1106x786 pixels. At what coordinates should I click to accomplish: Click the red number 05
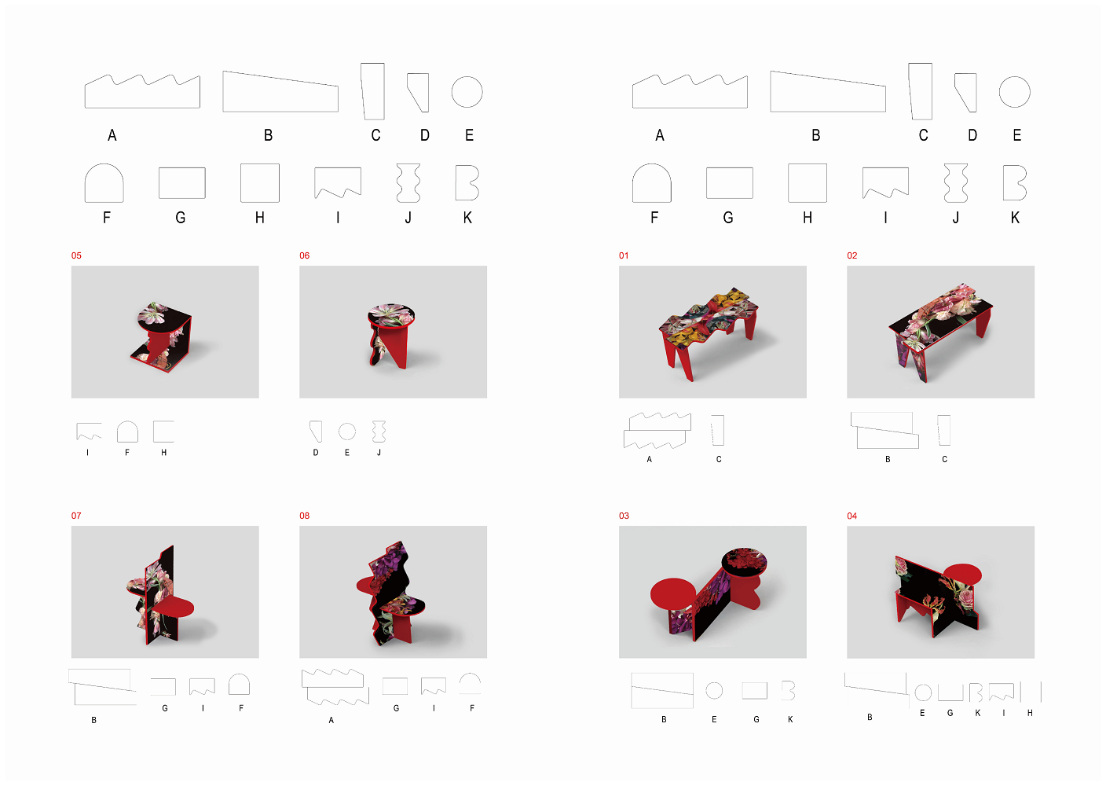pos(76,255)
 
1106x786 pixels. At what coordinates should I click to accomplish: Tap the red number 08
pos(304,516)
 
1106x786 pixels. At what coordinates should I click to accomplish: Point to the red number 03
pos(624,516)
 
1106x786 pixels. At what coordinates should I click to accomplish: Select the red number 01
pos(624,255)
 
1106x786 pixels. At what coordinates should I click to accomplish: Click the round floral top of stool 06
pos(391,314)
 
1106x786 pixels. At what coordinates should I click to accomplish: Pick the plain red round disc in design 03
pos(673,594)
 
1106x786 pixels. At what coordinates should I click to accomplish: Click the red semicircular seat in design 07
pos(174,607)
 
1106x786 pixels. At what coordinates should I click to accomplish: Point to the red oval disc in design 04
pos(962,574)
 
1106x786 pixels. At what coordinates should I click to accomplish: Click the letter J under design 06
pos(379,453)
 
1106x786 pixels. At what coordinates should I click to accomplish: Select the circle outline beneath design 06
pos(347,432)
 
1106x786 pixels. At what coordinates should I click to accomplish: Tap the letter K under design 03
pos(790,719)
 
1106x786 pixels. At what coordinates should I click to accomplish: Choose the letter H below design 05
pos(164,453)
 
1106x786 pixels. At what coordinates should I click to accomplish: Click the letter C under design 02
pos(944,460)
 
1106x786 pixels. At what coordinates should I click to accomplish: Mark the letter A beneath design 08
pos(331,720)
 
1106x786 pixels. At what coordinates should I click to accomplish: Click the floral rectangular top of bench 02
pos(940,316)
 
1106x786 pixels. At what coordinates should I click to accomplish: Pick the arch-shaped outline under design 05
pos(127,432)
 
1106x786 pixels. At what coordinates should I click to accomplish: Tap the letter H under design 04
pos(1030,713)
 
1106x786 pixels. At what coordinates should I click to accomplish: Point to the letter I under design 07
pos(203,708)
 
